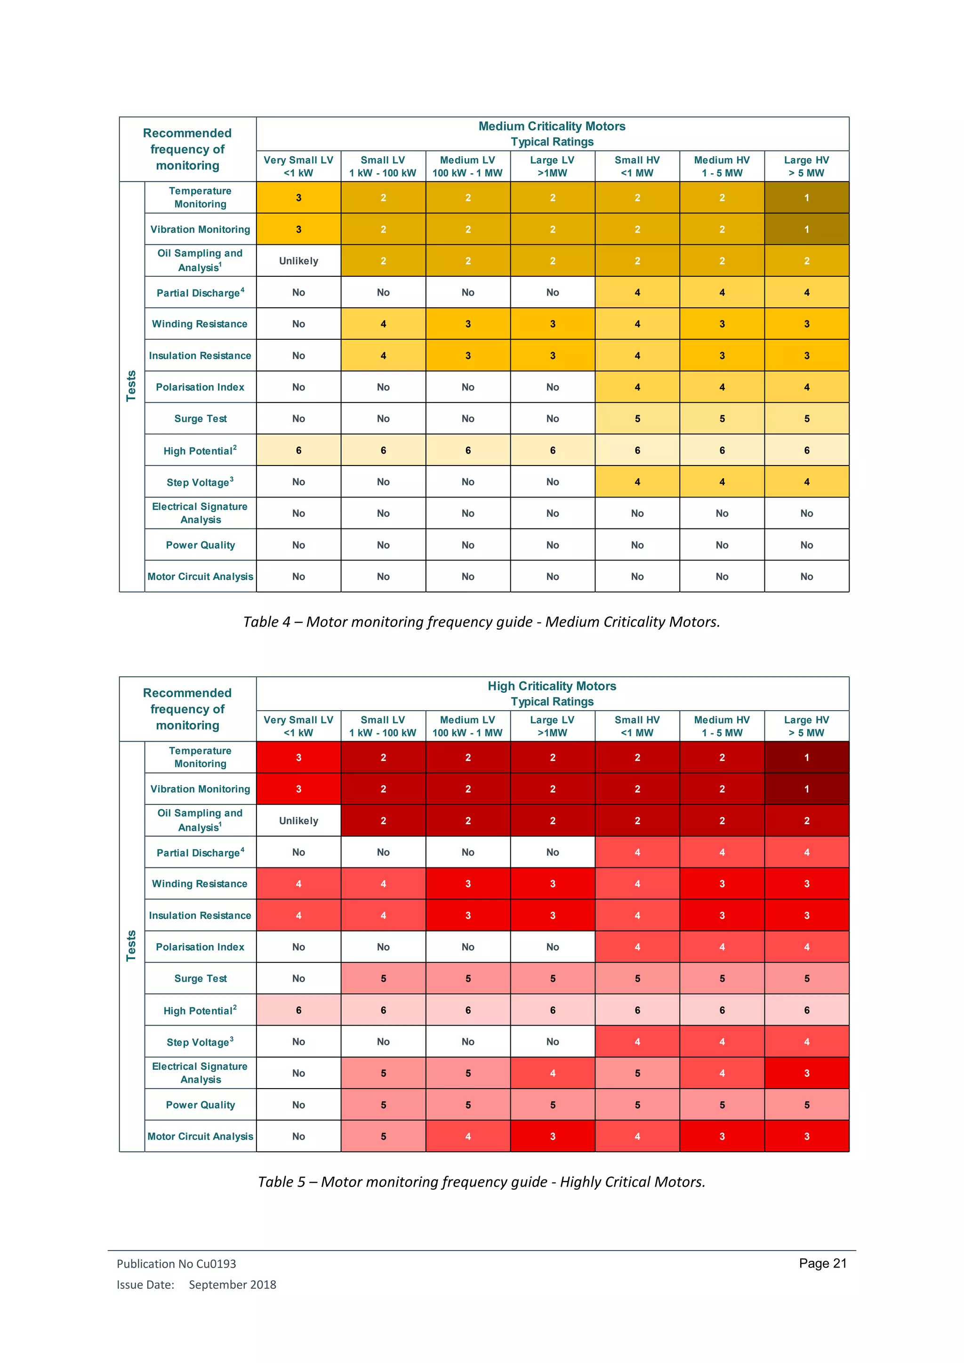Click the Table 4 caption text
coord(482,622)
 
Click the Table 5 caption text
coord(482,1181)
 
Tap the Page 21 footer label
coord(822,1263)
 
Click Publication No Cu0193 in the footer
coord(177,1263)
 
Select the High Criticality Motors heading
coord(552,686)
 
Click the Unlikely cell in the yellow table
coord(298,261)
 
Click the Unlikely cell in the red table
coord(298,820)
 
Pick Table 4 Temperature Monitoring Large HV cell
coord(806,198)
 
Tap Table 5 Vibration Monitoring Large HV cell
coord(806,789)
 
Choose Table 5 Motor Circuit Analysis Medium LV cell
coord(468,1136)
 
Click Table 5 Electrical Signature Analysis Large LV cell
coord(552,1073)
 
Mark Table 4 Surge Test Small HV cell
coord(637,418)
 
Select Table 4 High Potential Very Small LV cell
coord(298,450)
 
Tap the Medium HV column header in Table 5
coord(722,726)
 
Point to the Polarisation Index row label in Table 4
coord(200,387)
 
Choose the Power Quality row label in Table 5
coord(200,1105)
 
